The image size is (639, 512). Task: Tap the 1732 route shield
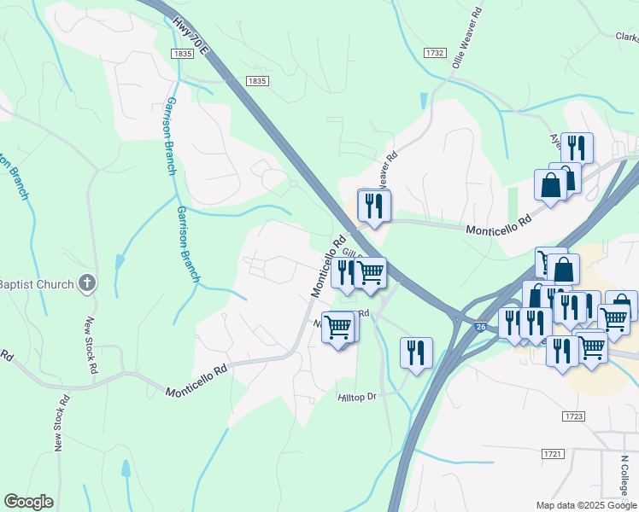click(x=434, y=53)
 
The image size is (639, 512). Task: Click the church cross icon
click(x=87, y=283)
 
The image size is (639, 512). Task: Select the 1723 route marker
click(x=573, y=416)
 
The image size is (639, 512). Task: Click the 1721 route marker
click(x=553, y=455)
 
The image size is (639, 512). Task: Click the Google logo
click(x=28, y=502)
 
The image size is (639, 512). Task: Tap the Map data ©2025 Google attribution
click(x=586, y=505)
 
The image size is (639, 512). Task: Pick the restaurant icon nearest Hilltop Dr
click(x=416, y=352)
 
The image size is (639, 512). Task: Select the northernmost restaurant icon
click(x=579, y=147)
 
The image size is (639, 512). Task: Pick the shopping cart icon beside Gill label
click(x=369, y=272)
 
